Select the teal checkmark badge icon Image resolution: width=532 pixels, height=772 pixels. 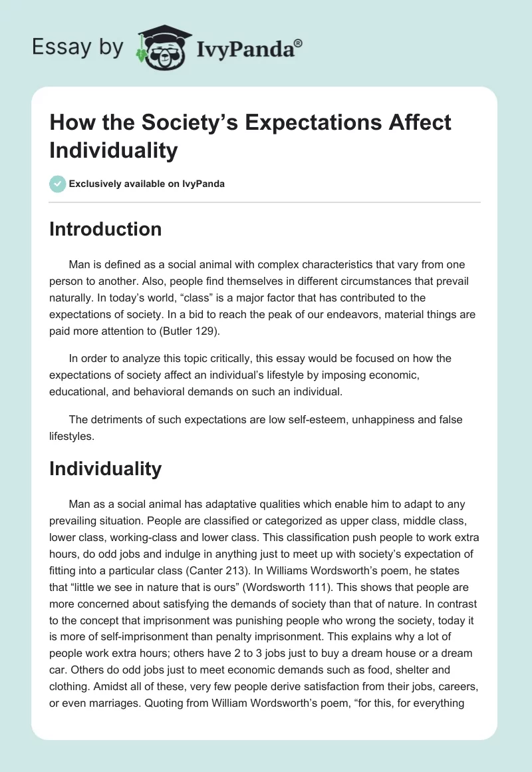[x=58, y=184]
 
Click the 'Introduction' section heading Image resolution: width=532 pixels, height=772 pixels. [x=106, y=229]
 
